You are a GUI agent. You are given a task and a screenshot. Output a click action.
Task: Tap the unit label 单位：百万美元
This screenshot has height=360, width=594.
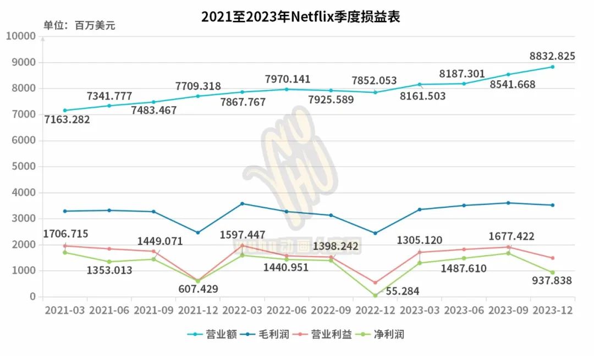[x=80, y=26]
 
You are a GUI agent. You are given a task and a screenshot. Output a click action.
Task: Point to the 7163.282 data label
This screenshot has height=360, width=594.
[x=67, y=119]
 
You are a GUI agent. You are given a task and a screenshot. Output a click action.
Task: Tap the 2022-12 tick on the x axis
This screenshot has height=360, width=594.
[x=376, y=310]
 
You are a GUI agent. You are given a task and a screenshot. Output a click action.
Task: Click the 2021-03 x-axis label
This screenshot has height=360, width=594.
[x=65, y=310]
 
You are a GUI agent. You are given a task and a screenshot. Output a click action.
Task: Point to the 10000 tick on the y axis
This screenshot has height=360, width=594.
[x=21, y=36]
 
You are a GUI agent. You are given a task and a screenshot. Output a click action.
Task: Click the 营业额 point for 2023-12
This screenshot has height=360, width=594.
[x=552, y=67]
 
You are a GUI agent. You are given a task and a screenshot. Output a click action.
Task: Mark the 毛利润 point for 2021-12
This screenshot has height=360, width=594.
[x=198, y=232]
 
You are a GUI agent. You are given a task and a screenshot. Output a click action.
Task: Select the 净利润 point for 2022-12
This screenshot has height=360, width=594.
[x=375, y=296]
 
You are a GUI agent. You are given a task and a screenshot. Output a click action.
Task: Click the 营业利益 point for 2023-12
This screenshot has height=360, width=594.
[x=552, y=258]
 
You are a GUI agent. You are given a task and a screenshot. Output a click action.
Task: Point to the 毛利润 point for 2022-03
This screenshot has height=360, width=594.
[x=242, y=203]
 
